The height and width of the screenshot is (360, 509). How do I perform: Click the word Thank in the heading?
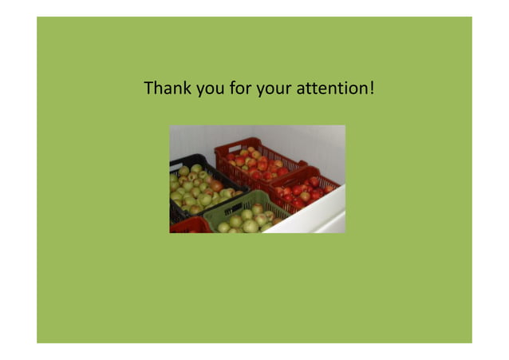point(164,87)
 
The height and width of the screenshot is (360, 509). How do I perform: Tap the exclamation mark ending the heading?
point(372,87)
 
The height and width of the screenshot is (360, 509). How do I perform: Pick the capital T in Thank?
point(148,87)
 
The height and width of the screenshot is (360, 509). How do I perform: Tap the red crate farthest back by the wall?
point(255,160)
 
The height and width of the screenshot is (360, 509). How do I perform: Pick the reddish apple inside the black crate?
point(216,186)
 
